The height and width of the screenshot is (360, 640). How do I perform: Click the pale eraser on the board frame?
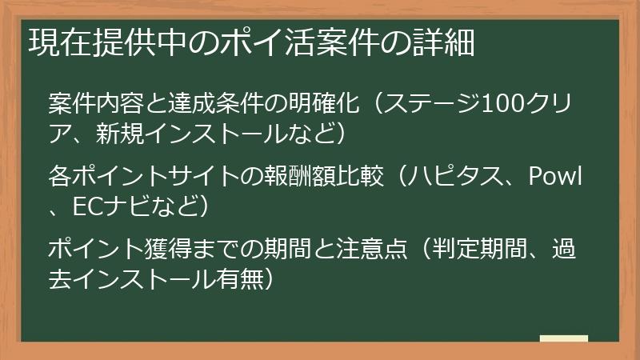[563, 338]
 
